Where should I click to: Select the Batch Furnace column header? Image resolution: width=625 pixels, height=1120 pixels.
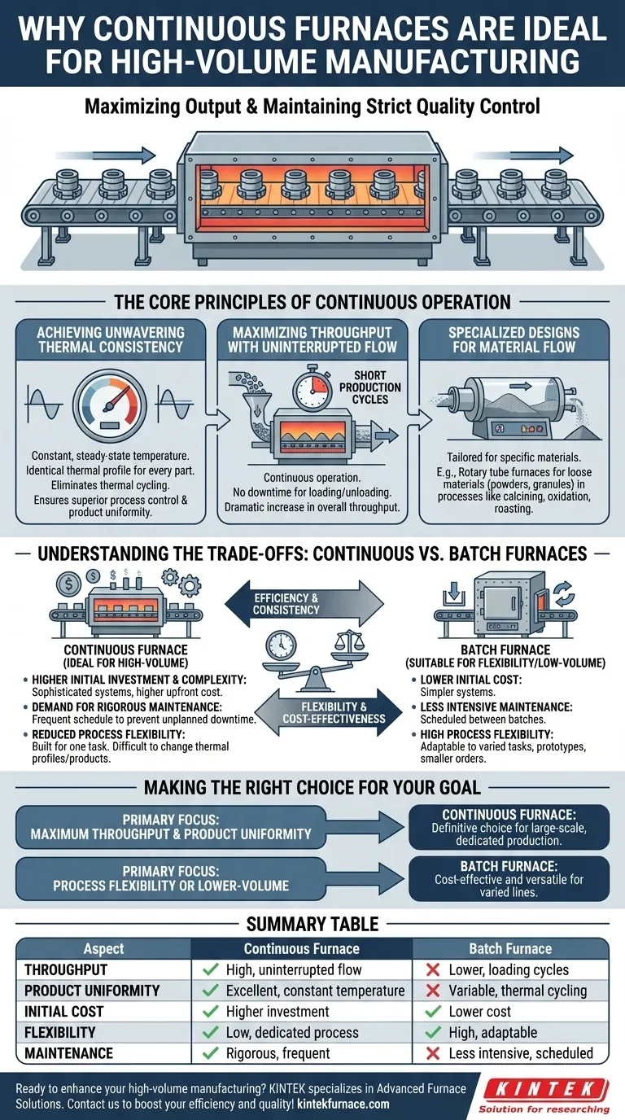[510, 948]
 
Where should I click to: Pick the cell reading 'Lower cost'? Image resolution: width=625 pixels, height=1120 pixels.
[479, 1012]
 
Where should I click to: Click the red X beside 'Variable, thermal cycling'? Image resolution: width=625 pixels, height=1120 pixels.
[434, 991]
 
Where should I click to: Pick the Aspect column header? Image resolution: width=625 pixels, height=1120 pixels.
[103, 948]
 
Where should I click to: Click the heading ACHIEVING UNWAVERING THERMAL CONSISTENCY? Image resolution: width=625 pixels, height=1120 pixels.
[110, 340]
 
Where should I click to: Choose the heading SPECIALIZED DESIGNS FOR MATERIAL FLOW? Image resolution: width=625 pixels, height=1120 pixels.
[513, 340]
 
